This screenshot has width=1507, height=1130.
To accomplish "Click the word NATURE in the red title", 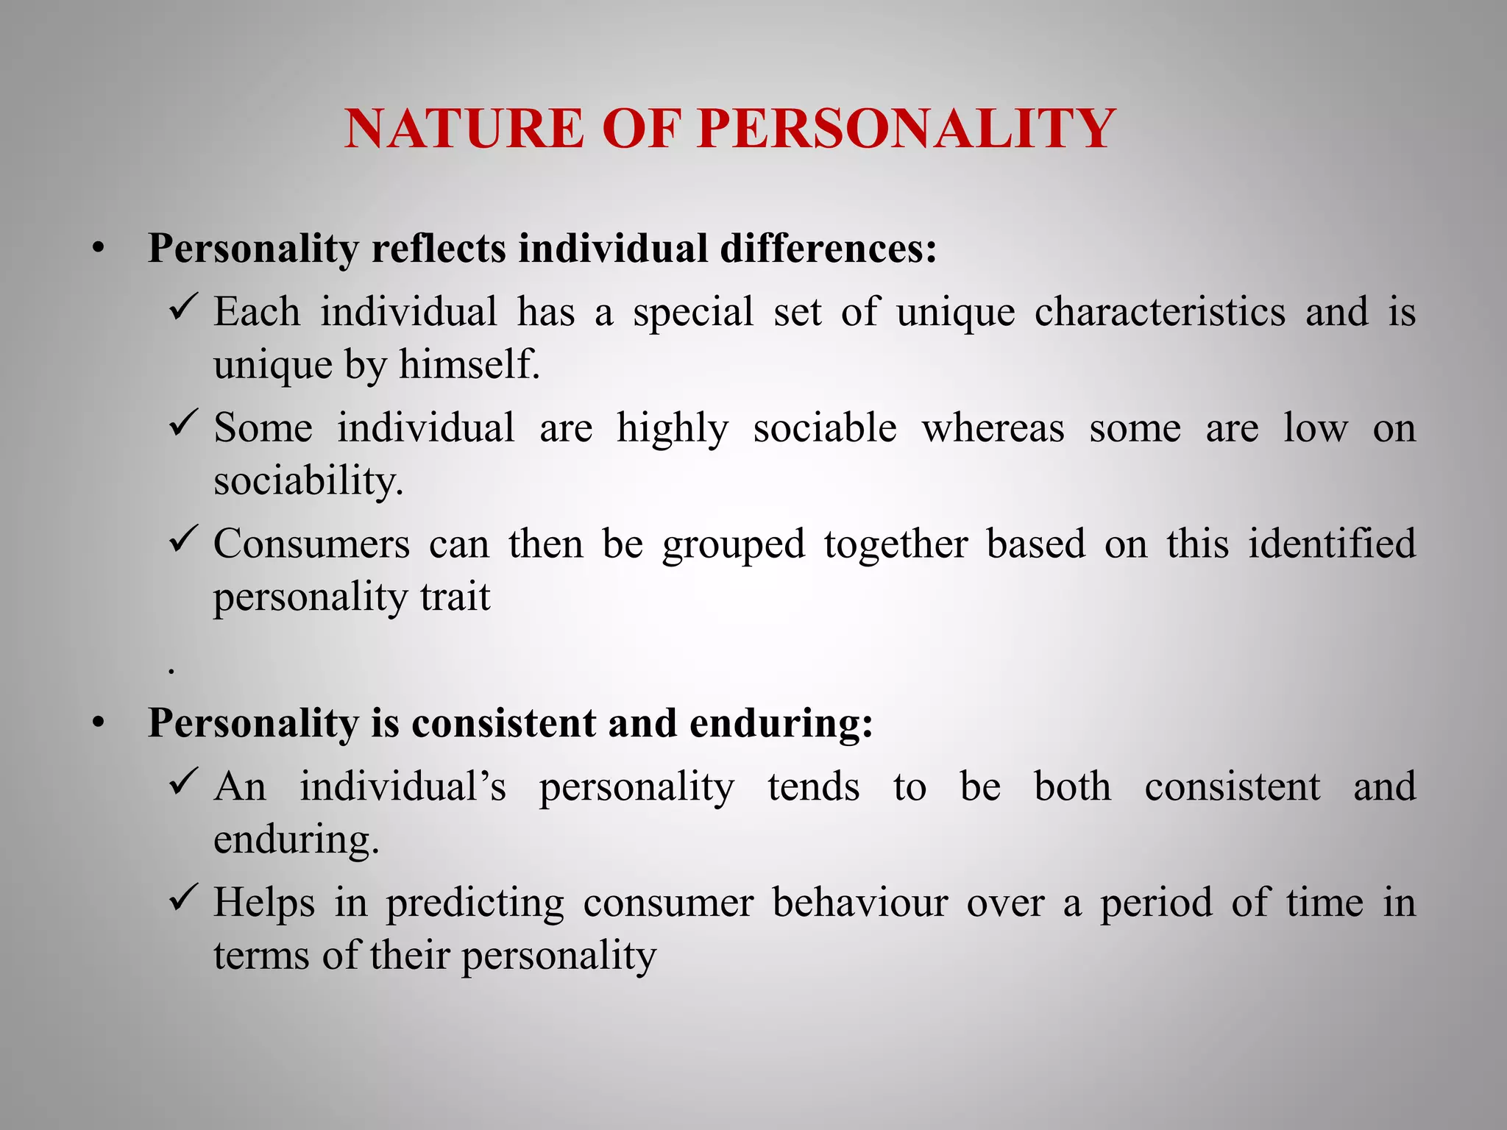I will tap(464, 129).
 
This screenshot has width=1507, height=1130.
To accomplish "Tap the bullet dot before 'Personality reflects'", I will tap(99, 249).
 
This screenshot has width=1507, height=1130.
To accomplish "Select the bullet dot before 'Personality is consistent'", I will tap(99, 724).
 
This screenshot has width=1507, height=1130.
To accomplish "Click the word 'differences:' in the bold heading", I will tap(829, 248).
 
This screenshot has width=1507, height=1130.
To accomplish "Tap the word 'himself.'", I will tap(469, 364).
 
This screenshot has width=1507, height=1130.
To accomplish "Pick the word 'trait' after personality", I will tap(455, 596).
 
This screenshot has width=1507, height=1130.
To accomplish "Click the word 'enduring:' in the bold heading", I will tap(781, 724).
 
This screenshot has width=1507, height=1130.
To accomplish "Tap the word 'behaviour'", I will tap(859, 902).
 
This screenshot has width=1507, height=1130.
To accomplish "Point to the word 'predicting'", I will tap(475, 903).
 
